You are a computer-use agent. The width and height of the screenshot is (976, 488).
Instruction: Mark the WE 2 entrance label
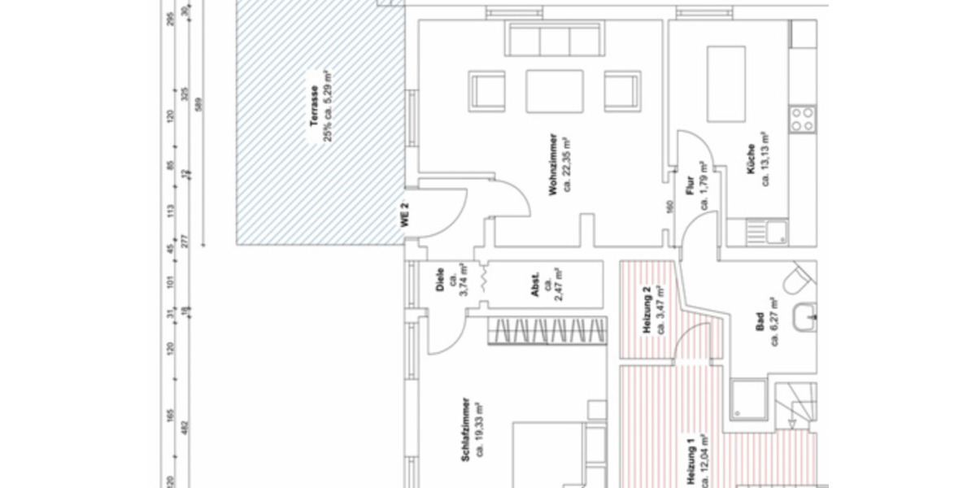(404, 215)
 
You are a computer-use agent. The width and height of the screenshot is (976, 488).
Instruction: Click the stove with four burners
(802, 120)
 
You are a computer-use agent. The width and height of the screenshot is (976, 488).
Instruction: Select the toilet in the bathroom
(798, 280)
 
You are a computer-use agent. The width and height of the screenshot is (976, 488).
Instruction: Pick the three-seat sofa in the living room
(554, 39)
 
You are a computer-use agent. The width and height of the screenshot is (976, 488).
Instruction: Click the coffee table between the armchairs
(555, 90)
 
